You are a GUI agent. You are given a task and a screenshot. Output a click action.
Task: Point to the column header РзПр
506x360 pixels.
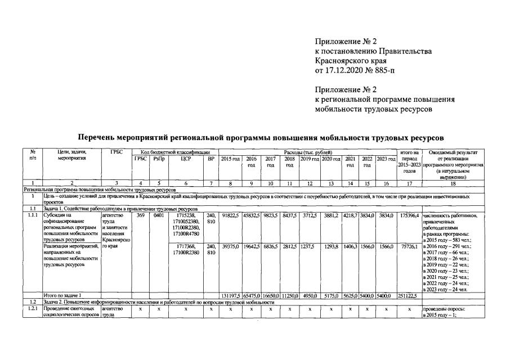click(159, 159)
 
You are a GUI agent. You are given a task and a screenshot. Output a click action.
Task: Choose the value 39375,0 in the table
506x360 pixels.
click(231, 246)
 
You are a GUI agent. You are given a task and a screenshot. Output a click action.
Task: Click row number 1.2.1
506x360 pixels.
click(33, 309)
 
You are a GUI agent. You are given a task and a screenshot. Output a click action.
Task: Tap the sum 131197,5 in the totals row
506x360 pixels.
click(231, 295)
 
